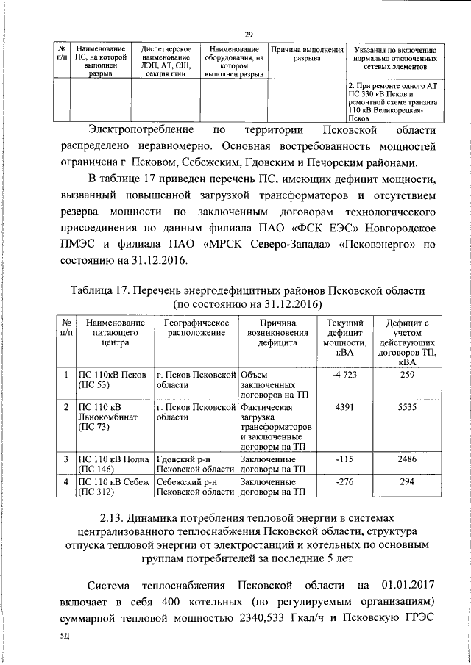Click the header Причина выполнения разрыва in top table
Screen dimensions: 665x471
307,54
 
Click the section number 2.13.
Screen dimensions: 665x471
123,517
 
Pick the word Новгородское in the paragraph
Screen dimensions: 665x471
394,228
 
